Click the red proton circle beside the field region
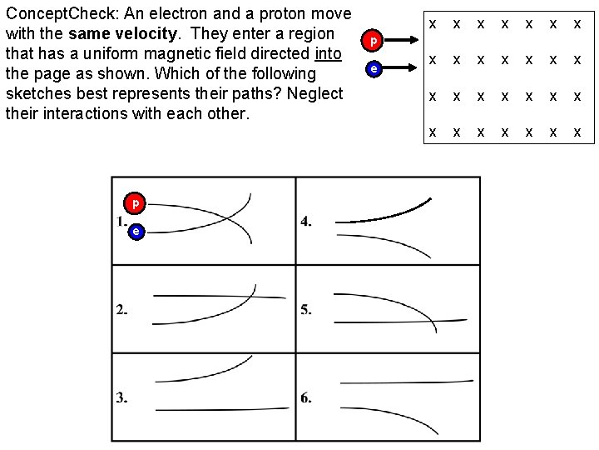374,39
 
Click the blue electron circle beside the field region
374,69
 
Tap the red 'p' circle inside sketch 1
134,202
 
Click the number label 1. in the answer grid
121,222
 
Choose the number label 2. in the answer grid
121,310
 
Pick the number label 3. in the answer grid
121,397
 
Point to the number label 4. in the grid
306,222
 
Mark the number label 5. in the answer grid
306,310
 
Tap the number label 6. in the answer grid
306,397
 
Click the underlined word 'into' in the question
329,53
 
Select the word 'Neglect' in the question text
314,92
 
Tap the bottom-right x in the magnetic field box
577,132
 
